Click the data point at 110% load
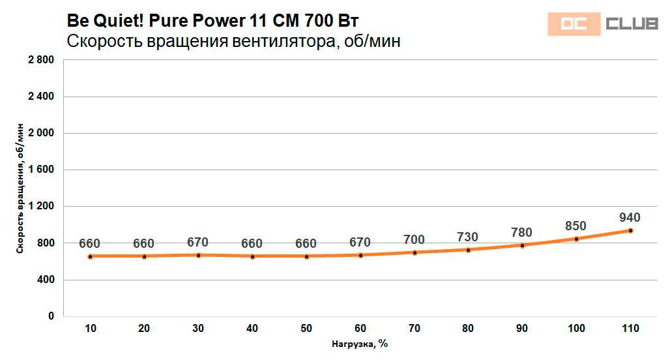(630, 230)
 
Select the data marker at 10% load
(90, 256)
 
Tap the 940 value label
(630, 217)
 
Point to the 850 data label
(575, 226)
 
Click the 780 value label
(521, 232)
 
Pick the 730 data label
(467, 237)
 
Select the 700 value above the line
(414, 239)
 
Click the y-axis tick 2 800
(41, 60)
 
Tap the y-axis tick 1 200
(41, 206)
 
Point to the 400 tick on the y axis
(46, 280)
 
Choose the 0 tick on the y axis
(51, 316)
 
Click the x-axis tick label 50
(306, 328)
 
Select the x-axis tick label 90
(522, 328)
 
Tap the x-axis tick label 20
(144, 328)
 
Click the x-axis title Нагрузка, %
(360, 344)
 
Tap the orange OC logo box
(573, 24)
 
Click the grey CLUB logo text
(632, 24)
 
